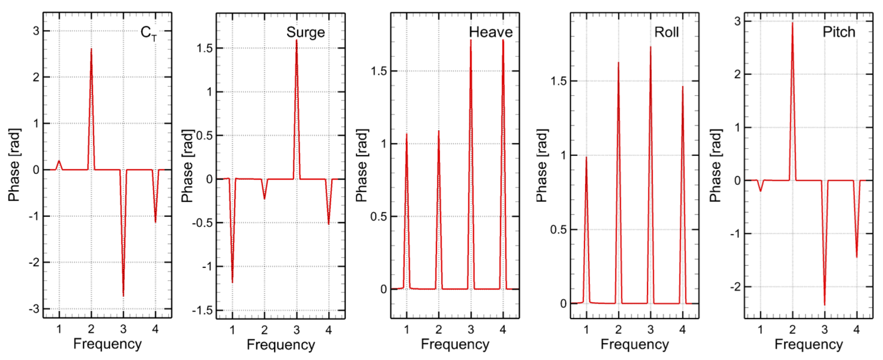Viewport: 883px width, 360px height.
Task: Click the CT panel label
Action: click(x=148, y=33)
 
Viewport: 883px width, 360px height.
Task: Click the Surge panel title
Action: click(x=306, y=32)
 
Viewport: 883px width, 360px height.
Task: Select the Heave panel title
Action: click(x=490, y=32)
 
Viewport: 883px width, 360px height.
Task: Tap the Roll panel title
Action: click(x=666, y=32)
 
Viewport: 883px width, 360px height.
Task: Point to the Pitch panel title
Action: click(x=838, y=32)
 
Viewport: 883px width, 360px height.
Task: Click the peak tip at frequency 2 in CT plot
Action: click(x=91, y=49)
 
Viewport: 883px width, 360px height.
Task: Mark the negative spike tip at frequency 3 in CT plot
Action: click(x=123, y=296)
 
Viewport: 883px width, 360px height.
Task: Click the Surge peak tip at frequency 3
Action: click(x=296, y=40)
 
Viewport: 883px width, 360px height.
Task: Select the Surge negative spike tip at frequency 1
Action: click(x=232, y=282)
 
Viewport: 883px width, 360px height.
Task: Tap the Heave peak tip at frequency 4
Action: click(x=503, y=40)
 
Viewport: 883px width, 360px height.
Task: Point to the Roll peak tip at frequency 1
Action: click(x=586, y=157)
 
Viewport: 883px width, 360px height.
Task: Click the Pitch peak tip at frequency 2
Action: click(x=792, y=23)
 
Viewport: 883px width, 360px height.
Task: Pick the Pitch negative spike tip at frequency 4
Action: click(x=857, y=257)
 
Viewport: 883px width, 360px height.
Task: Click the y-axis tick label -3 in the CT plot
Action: click(x=34, y=309)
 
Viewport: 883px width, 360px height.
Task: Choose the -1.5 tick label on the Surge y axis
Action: click(x=202, y=311)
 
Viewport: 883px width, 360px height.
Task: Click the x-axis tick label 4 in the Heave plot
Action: click(x=503, y=330)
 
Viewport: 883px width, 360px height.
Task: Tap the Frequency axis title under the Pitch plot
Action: click(x=808, y=344)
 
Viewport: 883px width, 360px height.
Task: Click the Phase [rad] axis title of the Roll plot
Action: click(x=542, y=166)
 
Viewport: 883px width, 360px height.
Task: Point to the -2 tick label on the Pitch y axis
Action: click(x=735, y=287)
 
